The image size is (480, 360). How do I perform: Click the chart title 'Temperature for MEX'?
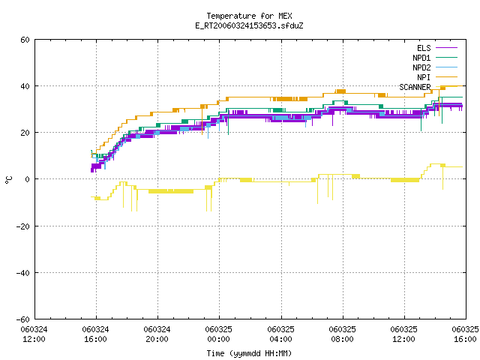point(249,16)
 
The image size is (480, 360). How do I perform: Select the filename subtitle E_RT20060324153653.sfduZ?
point(249,25)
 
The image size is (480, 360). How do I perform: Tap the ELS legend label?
point(424,48)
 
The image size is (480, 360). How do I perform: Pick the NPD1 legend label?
point(421,58)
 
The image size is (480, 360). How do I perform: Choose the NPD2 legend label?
point(421,67)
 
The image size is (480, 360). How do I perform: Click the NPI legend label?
point(424,77)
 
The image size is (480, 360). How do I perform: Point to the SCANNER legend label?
point(415,87)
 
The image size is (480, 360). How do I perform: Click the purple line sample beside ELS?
point(447,48)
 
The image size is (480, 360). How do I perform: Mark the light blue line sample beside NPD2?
point(447,67)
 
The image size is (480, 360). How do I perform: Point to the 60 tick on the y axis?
point(25,40)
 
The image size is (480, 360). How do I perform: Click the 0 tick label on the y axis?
point(27,179)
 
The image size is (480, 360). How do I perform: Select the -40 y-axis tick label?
point(23,273)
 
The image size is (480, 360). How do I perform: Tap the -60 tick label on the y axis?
point(23,319)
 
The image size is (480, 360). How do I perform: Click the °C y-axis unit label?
point(8,180)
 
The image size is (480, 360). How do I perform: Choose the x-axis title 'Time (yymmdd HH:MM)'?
point(249,353)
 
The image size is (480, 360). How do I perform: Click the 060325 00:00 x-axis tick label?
point(218,334)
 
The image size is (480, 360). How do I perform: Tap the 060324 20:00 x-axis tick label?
point(157,334)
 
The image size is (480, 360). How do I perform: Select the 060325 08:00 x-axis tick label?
point(342,334)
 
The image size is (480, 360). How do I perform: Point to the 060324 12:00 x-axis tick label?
point(34,334)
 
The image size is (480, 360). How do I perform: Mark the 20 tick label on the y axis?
point(25,133)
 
